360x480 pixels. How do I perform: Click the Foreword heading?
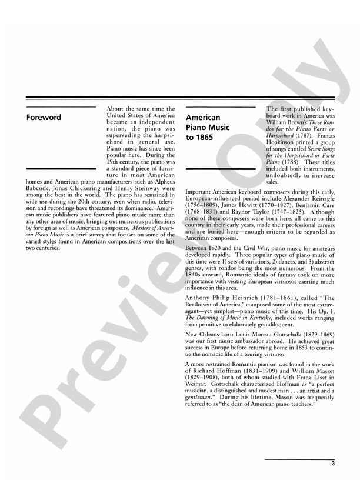pos(44,118)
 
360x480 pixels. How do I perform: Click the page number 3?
pos(332,464)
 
